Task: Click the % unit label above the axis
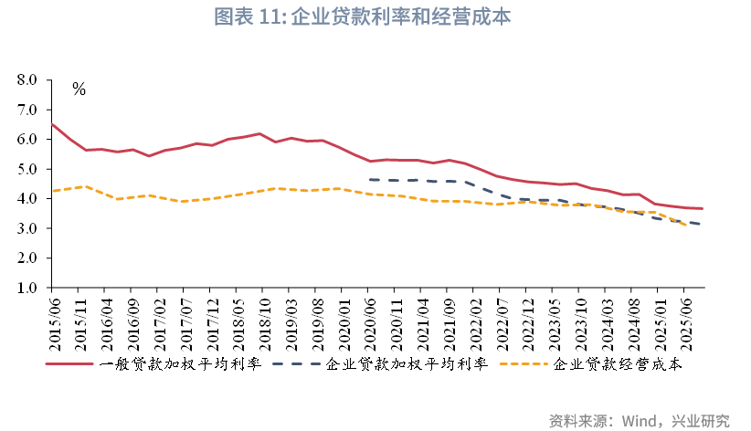pos(79,89)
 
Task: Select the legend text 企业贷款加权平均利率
pos(407,364)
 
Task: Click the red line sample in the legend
pos(69,364)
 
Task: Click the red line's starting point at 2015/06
pos(52,124)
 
